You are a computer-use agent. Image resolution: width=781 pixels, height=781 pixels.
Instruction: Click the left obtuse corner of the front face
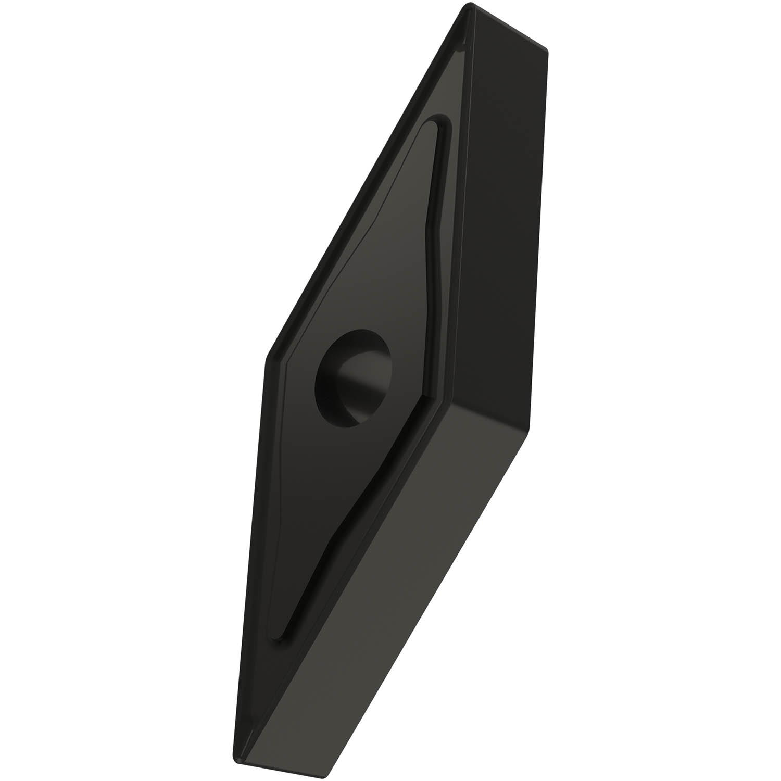268,359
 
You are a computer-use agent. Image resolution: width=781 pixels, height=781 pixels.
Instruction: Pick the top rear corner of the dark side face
547,49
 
